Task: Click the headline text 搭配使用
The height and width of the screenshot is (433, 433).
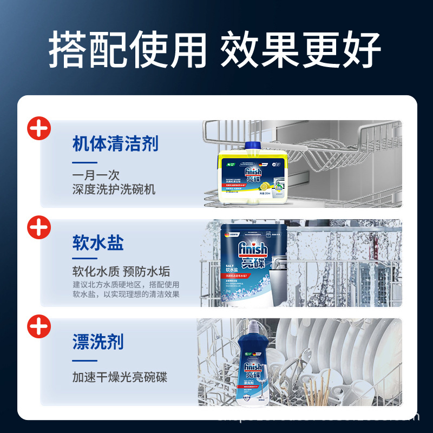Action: tap(128, 51)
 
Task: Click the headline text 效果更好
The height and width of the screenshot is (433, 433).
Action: tap(300, 51)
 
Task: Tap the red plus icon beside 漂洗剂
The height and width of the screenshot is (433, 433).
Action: tap(39, 326)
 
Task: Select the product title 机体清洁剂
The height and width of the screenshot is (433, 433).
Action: tap(115, 144)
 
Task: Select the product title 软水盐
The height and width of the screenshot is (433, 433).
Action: tap(98, 242)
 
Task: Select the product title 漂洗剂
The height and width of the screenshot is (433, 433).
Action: tap(98, 342)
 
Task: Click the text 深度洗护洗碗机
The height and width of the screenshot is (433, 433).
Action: tap(114, 189)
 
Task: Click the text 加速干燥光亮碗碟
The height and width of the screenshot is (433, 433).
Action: tap(120, 377)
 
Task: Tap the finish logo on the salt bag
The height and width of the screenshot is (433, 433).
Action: tap(253, 250)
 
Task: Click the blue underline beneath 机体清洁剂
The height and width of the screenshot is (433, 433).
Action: tap(84, 162)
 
